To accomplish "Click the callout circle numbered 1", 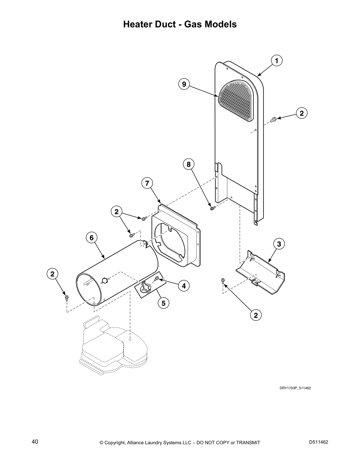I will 276,61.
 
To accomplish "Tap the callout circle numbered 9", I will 184,84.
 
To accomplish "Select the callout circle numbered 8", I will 189,164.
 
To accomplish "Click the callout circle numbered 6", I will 91,237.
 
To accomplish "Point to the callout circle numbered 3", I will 279,244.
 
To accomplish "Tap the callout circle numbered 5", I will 163,303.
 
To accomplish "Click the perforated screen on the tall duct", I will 236,101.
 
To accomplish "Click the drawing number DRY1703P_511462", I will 295,388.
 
